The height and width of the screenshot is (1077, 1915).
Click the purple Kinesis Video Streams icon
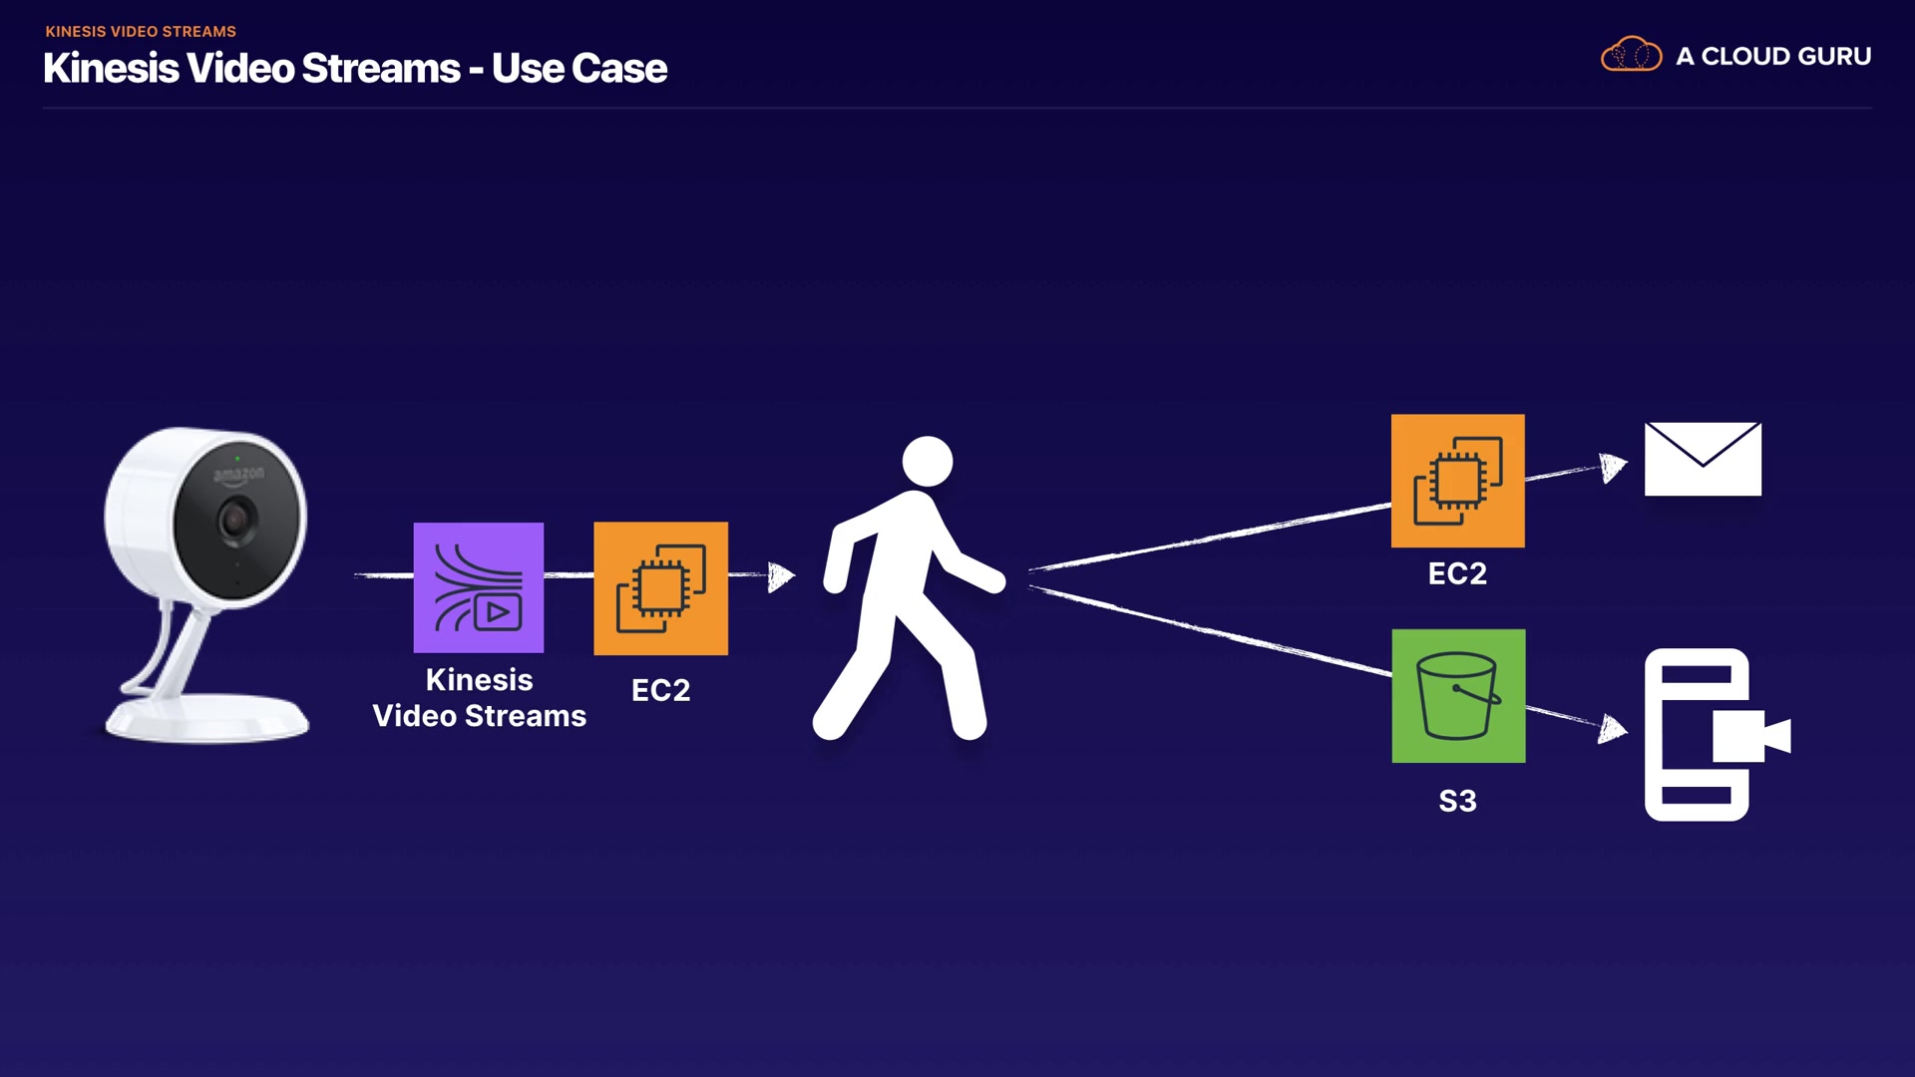[x=479, y=587]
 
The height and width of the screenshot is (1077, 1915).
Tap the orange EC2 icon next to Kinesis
[x=661, y=588]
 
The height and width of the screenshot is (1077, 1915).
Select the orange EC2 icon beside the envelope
[x=1458, y=481]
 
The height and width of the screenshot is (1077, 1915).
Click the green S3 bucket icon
[x=1458, y=696]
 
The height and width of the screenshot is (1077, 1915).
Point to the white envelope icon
[x=1703, y=459]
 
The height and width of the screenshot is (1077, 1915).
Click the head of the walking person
[x=928, y=461]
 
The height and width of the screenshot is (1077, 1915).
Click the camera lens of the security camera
[x=236, y=520]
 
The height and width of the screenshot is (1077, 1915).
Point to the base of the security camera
[x=207, y=718]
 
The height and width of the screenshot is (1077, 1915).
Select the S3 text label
[x=1457, y=801]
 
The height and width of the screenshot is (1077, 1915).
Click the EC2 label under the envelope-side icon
[x=1457, y=573]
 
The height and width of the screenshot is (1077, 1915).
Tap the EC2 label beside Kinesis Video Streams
[x=660, y=690]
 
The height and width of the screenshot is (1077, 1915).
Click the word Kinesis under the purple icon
[x=479, y=679]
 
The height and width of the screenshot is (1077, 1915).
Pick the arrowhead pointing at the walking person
[x=781, y=576]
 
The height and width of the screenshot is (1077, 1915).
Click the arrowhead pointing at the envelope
[x=1613, y=467]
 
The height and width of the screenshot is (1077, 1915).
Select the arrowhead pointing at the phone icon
[x=1612, y=728]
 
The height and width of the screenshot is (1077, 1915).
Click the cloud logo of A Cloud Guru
[x=1631, y=55]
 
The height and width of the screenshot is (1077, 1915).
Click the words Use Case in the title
[x=578, y=69]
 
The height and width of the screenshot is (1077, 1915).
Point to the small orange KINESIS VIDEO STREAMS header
[x=141, y=32]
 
